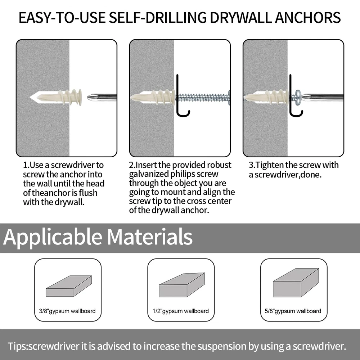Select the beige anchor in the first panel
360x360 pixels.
tap(56, 97)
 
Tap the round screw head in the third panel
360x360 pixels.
tap(298, 96)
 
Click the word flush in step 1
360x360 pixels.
tap(88, 193)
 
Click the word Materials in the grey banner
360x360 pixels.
tap(149, 237)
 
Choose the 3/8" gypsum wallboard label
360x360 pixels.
tap(67, 311)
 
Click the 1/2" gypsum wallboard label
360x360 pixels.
tap(181, 311)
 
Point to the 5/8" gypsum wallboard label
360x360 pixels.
tap(293, 311)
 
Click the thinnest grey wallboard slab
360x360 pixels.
tap(69, 286)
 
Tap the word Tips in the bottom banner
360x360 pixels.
tap(17, 346)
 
